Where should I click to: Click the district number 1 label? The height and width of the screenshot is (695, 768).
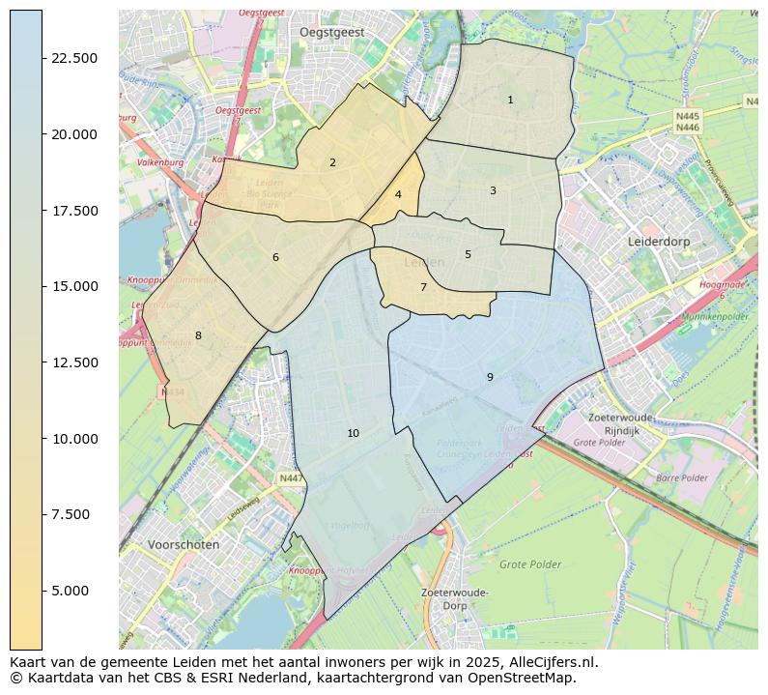[510, 101]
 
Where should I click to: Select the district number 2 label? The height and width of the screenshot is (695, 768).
[332, 163]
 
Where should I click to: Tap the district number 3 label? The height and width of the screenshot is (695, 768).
[493, 191]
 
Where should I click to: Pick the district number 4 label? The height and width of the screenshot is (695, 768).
[398, 195]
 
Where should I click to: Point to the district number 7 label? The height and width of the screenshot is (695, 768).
[423, 288]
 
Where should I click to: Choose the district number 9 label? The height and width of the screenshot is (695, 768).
[490, 378]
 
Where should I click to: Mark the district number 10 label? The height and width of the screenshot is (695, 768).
[353, 434]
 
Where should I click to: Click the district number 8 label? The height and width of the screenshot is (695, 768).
[198, 336]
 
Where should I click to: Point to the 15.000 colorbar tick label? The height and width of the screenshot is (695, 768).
[72, 286]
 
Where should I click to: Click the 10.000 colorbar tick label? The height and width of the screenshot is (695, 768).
[72, 439]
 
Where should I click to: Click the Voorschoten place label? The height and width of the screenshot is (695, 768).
[184, 545]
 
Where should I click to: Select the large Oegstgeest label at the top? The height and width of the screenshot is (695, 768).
[331, 32]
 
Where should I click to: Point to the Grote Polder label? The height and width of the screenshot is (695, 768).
[530, 564]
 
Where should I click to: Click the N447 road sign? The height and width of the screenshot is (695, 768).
[291, 478]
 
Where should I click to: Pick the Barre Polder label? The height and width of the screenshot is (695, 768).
[682, 478]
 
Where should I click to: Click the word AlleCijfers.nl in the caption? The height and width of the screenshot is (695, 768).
[547, 663]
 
